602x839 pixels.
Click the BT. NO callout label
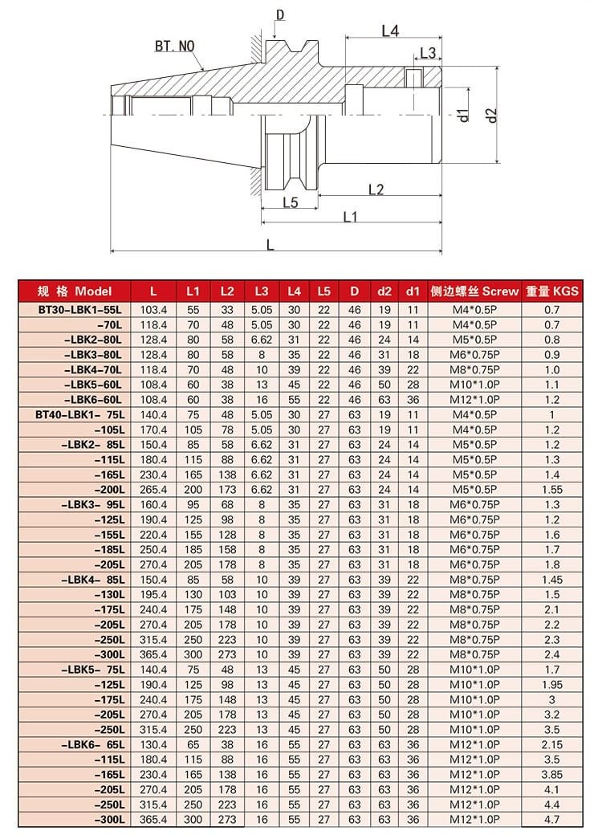(174, 47)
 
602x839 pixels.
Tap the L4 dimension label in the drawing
(390, 31)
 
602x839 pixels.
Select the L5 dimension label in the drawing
(291, 202)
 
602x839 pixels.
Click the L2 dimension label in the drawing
(375, 189)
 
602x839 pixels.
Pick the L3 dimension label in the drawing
(428, 53)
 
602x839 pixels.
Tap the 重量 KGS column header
(551, 291)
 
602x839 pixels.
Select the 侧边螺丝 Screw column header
(474, 291)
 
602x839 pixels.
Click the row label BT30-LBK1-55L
(80, 309)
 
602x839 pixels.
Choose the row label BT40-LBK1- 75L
(80, 414)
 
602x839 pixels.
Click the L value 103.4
(153, 309)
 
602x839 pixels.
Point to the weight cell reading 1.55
(551, 490)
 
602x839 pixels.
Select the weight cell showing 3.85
(551, 774)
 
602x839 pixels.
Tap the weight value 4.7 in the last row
(551, 819)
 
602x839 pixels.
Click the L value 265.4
(153, 490)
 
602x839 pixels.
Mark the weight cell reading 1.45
(551, 580)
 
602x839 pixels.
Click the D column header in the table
(354, 291)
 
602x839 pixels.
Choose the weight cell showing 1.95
(551, 684)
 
